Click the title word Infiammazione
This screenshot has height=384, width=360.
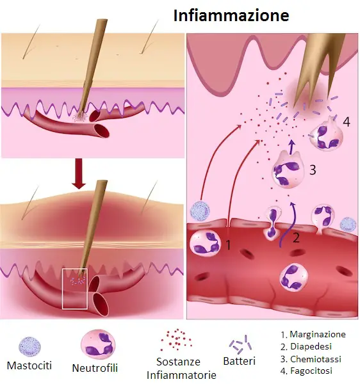[x=231, y=15]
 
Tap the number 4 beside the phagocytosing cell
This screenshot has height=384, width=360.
[x=347, y=122]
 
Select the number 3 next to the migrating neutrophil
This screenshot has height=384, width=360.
[x=313, y=170]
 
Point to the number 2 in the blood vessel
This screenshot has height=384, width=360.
[x=296, y=237]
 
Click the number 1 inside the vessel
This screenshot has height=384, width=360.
[x=228, y=245]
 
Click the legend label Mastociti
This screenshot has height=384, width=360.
[x=29, y=365]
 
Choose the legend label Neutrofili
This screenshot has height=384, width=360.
[x=95, y=368]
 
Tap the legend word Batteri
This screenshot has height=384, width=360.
[x=239, y=361]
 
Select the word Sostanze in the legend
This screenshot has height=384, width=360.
[x=178, y=362]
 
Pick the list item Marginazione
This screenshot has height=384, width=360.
[x=313, y=334]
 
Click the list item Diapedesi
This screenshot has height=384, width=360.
[x=306, y=346]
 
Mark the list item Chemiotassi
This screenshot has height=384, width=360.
[x=311, y=359]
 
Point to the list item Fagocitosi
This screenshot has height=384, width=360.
[x=306, y=371]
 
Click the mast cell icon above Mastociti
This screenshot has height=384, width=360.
[x=30, y=346]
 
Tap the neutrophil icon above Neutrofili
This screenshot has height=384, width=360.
[x=98, y=344]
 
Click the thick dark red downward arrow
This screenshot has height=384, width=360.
[x=79, y=174]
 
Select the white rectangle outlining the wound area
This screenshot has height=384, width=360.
[x=75, y=269]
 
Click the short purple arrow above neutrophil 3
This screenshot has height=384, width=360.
[x=291, y=147]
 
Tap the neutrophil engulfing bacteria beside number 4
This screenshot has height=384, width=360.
[x=326, y=134]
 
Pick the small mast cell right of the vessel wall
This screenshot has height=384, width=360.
[x=348, y=224]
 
